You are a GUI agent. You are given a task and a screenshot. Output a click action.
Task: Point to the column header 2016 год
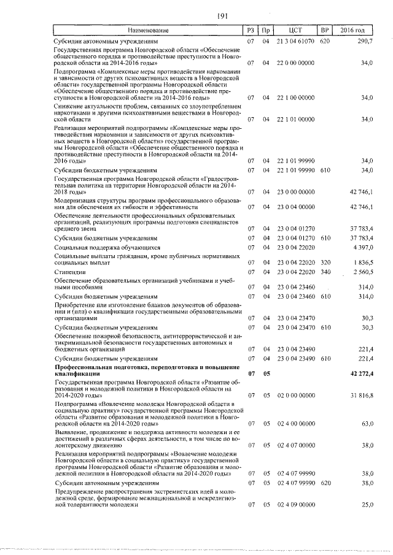click(x=357, y=30)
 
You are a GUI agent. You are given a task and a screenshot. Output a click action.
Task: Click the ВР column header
click(x=325, y=30)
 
